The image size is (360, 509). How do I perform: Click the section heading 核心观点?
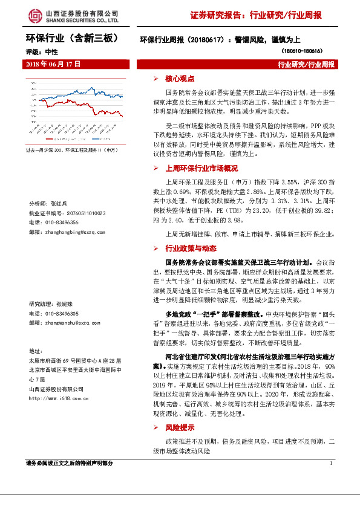[180, 79]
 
